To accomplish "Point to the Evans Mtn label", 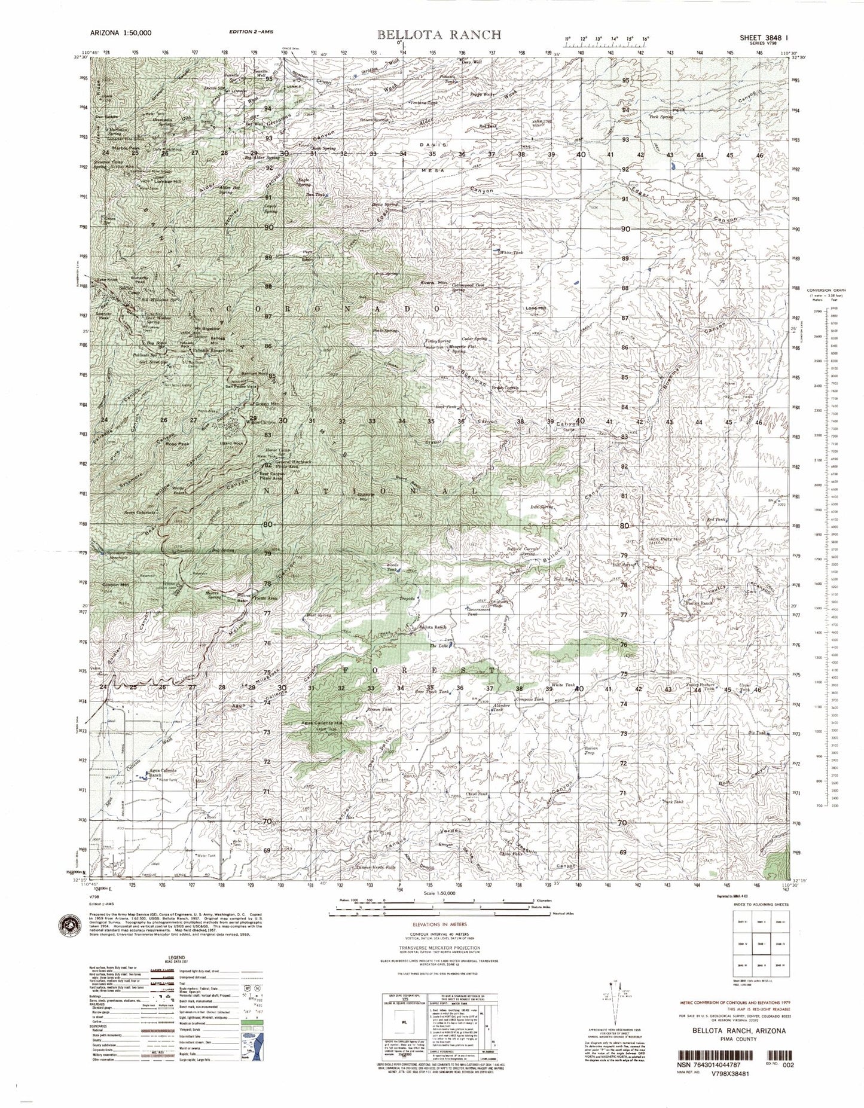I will click(x=434, y=283).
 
